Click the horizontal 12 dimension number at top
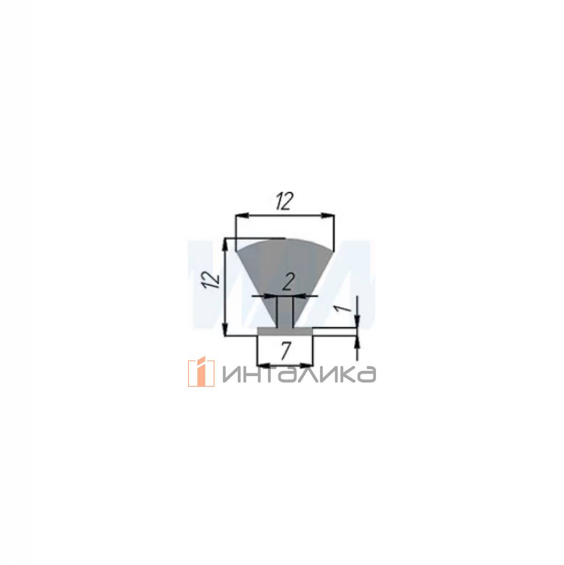284,201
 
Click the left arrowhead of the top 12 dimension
243,215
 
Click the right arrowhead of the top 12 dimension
328,215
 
